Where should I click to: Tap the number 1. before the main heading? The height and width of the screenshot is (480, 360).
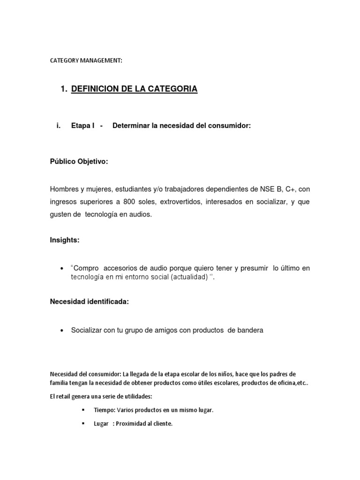click(64, 89)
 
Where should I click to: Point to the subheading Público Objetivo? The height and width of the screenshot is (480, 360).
click(79, 162)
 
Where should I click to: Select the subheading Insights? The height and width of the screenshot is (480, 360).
click(65, 240)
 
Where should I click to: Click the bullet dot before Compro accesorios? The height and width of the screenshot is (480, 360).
click(62, 269)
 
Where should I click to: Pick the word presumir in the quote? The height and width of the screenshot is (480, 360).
click(254, 268)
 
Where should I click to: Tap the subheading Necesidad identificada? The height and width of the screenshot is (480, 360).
click(89, 301)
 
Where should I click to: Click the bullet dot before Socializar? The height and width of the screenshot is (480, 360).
click(62, 330)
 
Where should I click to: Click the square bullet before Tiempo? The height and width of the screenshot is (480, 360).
click(83, 410)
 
